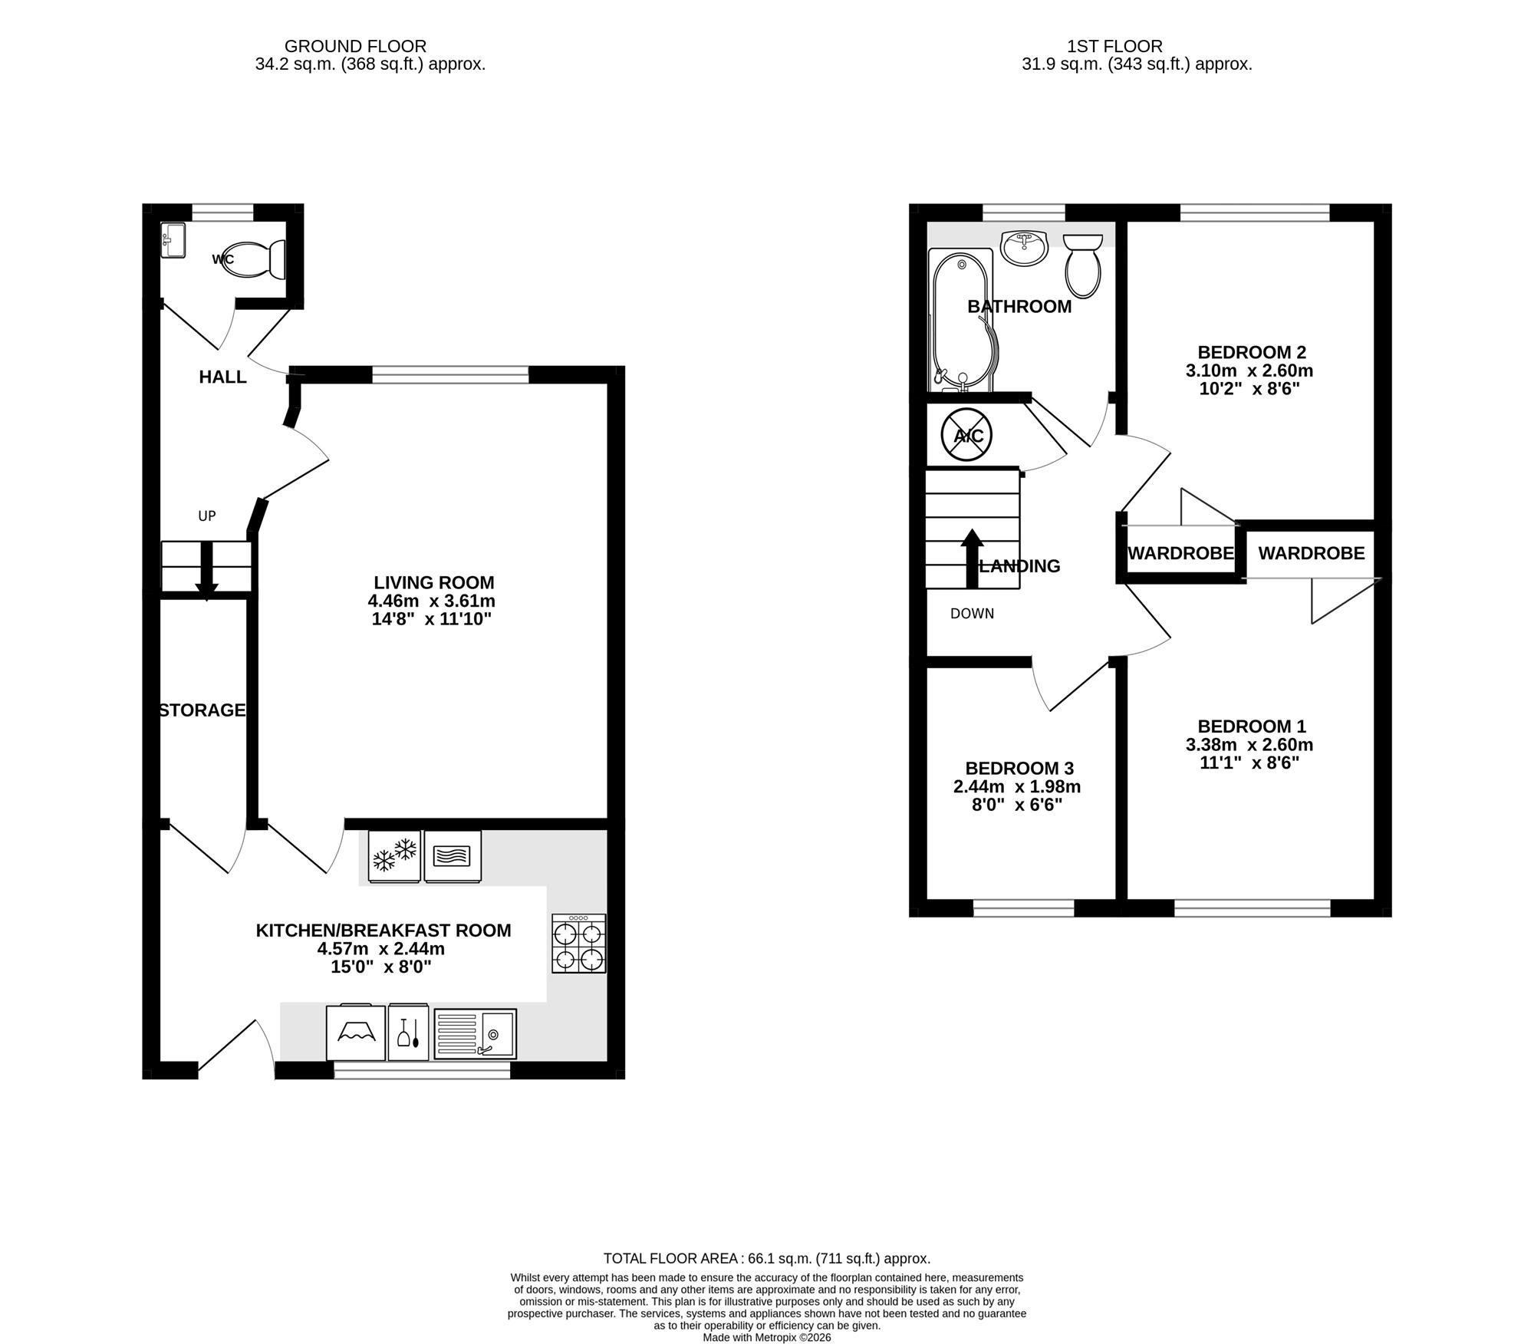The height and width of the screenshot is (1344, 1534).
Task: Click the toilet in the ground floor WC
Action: (257, 259)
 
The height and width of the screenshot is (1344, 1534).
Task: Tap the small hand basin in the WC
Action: (173, 240)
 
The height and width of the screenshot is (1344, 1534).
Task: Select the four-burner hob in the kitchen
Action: (579, 944)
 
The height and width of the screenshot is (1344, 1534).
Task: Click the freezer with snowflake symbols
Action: (394, 856)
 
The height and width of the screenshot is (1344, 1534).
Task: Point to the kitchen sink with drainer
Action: (476, 1034)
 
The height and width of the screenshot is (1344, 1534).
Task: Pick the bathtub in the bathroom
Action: (962, 320)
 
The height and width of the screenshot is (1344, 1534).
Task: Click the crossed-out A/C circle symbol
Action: (967, 436)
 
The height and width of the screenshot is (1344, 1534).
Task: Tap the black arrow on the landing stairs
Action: (972, 558)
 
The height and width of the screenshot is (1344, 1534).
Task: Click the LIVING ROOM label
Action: (434, 583)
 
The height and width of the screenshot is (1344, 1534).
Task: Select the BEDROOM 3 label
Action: (1019, 769)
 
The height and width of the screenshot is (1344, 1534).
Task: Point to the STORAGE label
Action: (202, 710)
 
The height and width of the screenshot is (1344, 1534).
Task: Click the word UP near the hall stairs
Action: (207, 516)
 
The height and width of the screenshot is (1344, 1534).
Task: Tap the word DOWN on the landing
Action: (972, 614)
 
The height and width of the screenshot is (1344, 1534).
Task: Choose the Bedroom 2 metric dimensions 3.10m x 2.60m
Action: (1249, 371)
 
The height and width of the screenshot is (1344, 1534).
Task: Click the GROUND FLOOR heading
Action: (355, 47)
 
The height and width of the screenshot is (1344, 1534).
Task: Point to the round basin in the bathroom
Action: (1024, 247)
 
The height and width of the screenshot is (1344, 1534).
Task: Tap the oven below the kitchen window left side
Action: (355, 1033)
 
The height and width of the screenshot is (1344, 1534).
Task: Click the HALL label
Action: (222, 377)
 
